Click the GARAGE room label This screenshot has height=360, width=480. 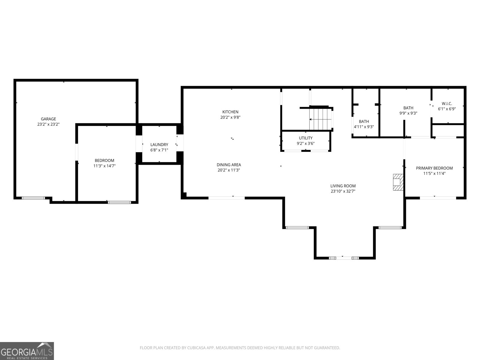tap(48, 119)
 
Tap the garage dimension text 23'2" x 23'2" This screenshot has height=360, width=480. tap(48, 124)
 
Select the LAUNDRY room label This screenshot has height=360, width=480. tap(159, 145)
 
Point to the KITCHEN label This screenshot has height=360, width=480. tap(230, 112)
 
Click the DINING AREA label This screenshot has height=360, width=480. tap(229, 165)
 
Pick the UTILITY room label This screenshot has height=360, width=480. tap(306, 138)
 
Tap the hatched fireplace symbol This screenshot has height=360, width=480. tap(398, 182)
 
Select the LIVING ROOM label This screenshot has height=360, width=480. tap(343, 186)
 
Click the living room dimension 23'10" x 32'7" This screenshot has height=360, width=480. tap(343, 191)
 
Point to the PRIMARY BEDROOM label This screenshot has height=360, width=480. tap(434, 168)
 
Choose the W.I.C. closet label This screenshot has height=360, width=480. tap(447, 103)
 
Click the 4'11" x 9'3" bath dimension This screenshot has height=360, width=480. tap(364, 127)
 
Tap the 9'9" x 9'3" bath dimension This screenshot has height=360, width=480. tap(408, 113)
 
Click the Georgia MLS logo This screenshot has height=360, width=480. tap(27, 351)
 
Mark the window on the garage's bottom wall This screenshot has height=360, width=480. tap(33, 198)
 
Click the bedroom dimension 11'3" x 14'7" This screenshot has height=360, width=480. tap(104, 166)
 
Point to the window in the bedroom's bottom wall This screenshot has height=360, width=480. tap(119, 202)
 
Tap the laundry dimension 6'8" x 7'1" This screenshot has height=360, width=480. tap(159, 150)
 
